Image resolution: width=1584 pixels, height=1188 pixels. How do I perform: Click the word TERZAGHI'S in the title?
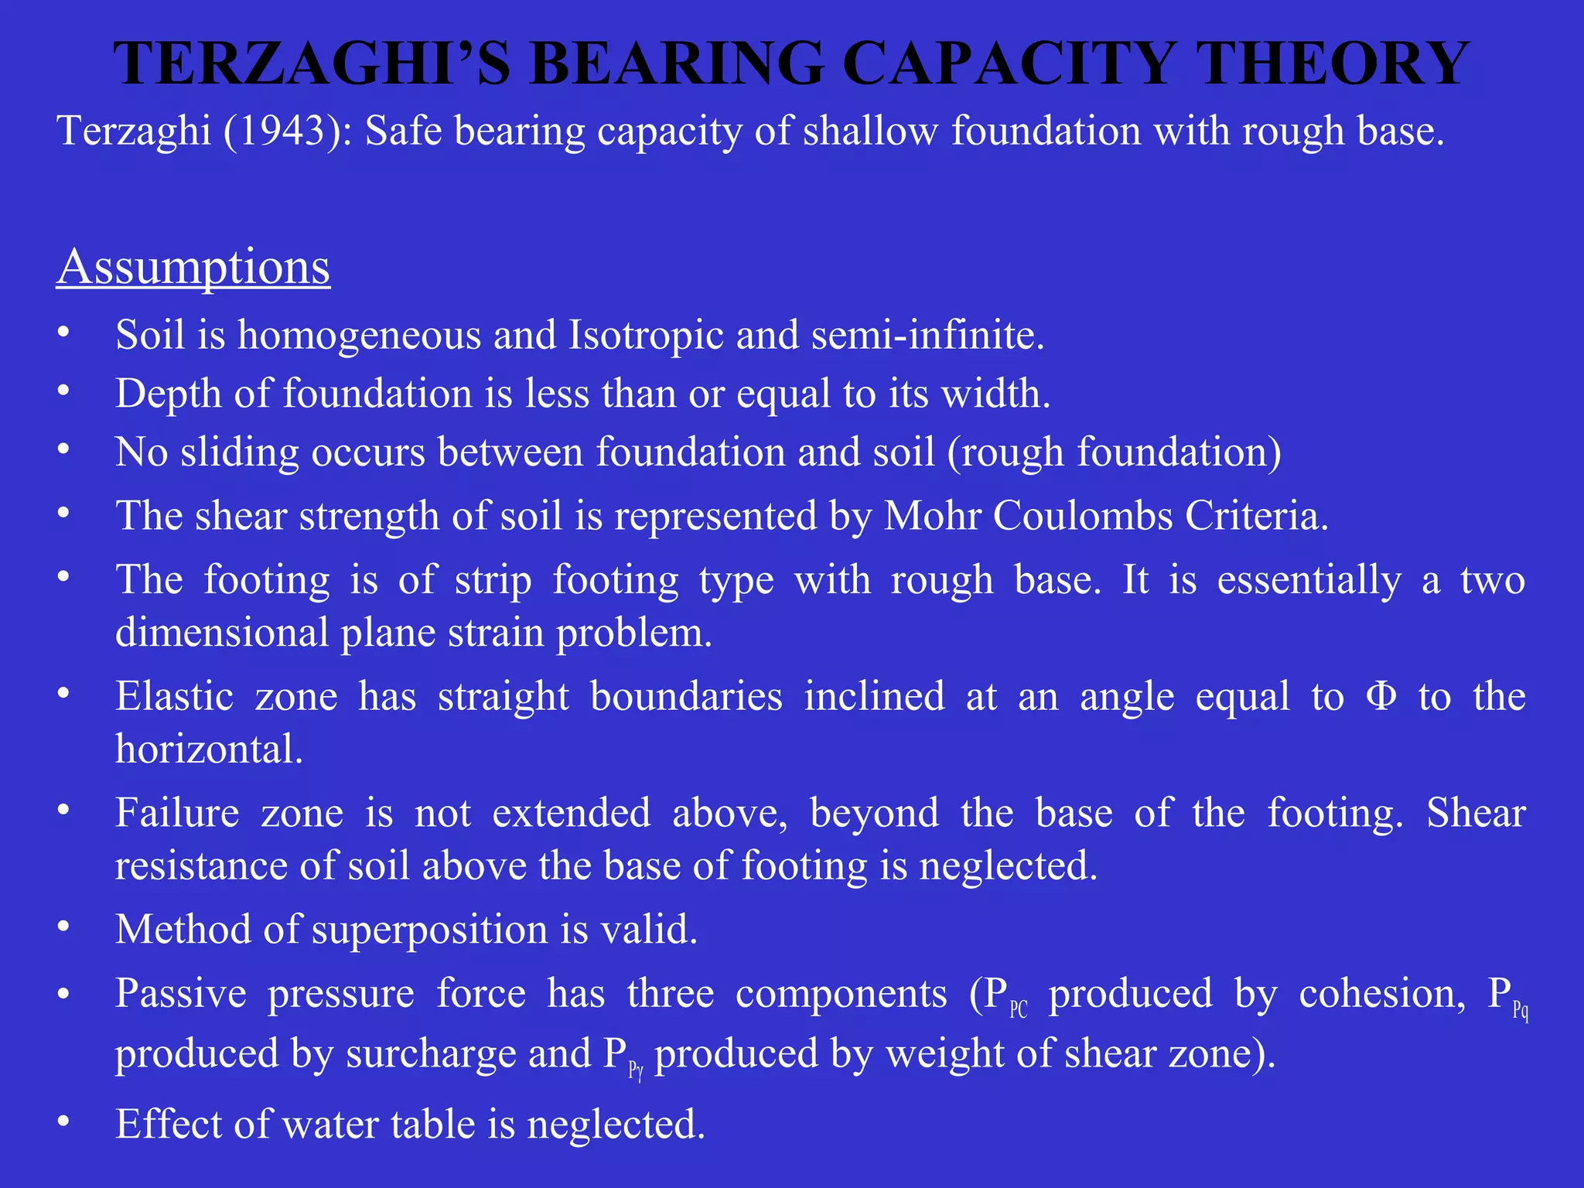pos(312,63)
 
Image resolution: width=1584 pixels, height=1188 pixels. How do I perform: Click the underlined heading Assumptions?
pos(193,268)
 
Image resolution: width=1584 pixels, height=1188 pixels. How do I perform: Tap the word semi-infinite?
pos(927,336)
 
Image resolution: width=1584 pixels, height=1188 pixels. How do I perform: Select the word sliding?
pos(240,452)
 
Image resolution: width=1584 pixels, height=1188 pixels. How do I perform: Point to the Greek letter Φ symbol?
pos(1381,696)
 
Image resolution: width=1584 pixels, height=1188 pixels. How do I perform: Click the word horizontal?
pos(209,749)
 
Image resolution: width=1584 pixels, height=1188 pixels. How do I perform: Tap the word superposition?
pos(430,929)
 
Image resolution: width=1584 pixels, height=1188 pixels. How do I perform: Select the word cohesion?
pos(1382,994)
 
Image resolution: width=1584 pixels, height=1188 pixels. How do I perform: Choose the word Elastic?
pos(175,696)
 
